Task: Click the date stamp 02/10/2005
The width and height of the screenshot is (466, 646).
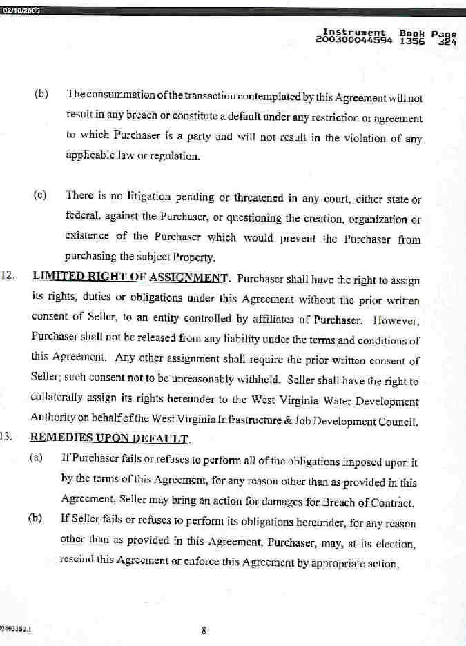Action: [21, 10]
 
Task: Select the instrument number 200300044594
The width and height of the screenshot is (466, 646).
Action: [353, 41]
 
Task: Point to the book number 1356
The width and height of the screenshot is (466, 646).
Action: [412, 41]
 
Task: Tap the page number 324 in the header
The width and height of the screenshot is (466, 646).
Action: [446, 41]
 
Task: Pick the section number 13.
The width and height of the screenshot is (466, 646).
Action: [9, 438]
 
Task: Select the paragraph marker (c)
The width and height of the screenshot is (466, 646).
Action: [39, 195]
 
